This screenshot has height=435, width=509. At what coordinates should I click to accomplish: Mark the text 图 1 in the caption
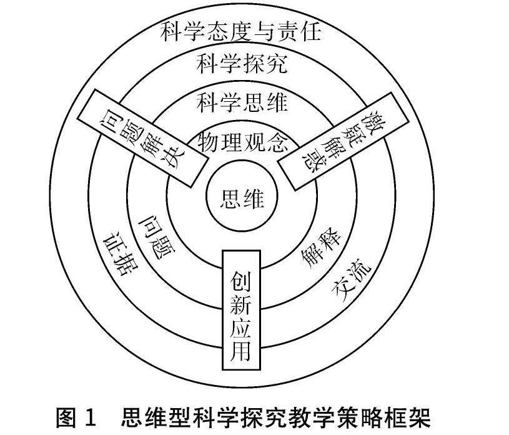point(77,417)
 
